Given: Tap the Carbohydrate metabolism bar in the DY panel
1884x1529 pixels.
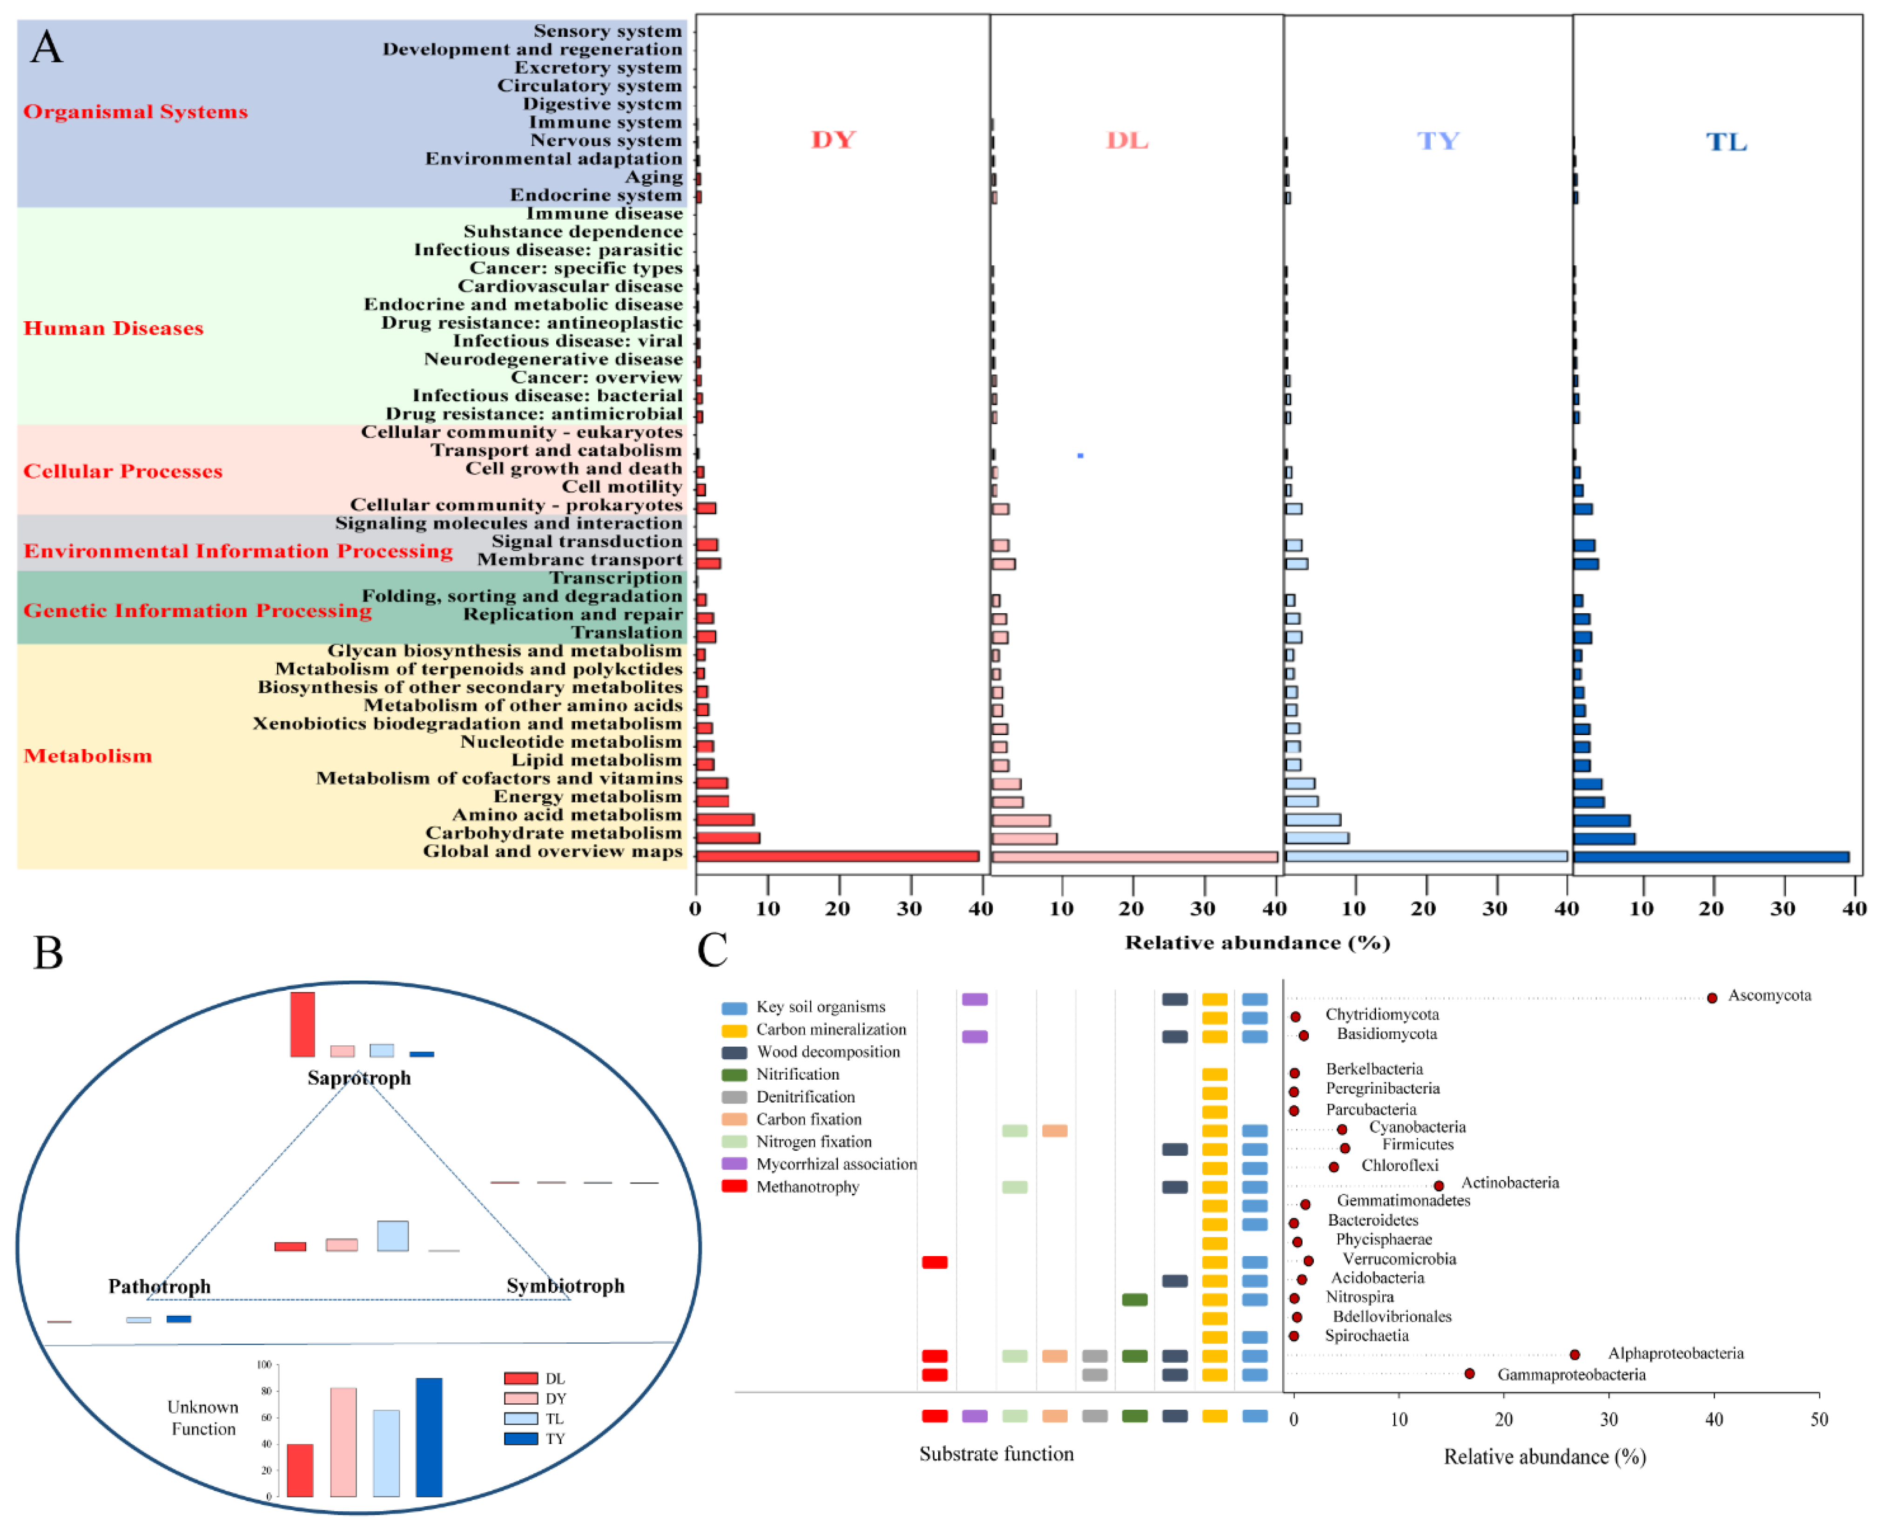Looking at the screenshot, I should coord(727,838).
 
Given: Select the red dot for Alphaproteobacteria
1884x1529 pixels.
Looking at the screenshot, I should coord(1574,1354).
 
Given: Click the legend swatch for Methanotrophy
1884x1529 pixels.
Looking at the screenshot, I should coord(734,1186).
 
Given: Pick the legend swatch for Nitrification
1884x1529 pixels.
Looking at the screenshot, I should coord(734,1075).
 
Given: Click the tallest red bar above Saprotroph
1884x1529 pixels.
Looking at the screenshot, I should coord(302,1024).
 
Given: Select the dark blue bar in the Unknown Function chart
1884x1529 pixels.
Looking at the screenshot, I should coord(429,1437).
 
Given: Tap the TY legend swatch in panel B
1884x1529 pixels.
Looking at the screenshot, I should coord(520,1439).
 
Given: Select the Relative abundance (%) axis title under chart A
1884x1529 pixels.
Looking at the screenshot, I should coord(1257,943).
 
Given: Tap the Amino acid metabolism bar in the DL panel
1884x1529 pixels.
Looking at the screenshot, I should coord(1020,820).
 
